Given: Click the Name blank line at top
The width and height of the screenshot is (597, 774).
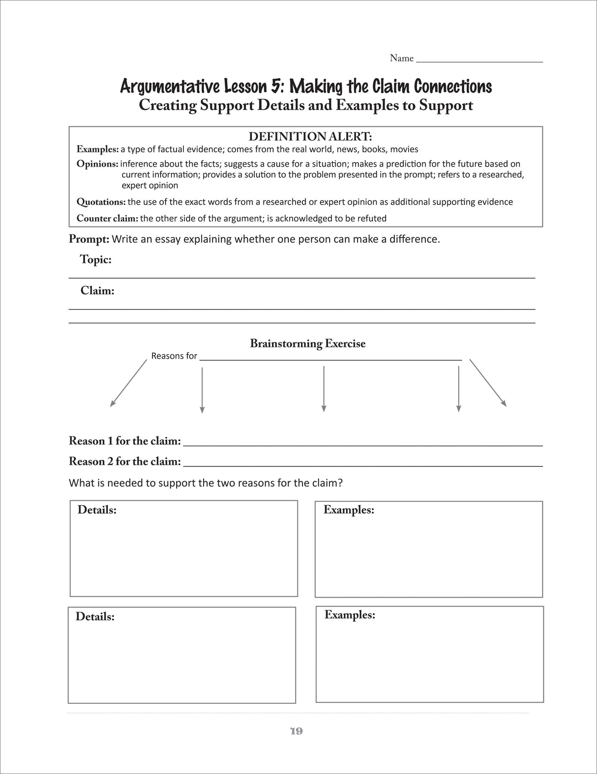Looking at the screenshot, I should tap(479, 61).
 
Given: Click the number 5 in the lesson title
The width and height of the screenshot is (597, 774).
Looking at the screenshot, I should tap(276, 86).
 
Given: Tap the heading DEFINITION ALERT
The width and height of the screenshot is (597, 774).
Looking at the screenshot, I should tap(310, 136).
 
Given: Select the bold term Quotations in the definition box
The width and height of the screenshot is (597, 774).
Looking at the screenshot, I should tap(101, 202).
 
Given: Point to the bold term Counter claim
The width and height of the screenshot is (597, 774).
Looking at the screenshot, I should tap(107, 219).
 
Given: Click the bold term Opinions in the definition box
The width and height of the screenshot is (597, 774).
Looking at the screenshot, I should tap(97, 164).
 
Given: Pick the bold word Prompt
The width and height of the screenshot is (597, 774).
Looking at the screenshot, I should tap(89, 239).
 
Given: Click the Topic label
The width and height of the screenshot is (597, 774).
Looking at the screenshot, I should tap(95, 259).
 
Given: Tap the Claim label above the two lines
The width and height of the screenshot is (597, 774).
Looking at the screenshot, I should tap(97, 291).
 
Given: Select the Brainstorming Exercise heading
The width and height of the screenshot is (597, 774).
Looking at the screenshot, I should tap(307, 344).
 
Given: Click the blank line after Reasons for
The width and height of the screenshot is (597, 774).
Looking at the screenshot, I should tap(330, 359).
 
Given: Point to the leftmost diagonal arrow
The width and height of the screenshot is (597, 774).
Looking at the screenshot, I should tap(128, 383).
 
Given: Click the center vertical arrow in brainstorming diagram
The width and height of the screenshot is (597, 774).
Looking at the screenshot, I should tap(323, 389).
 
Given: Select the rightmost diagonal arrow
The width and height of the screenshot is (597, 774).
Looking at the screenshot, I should tap(488, 383).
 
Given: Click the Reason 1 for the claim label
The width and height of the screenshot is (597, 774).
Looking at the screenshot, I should tap(125, 441).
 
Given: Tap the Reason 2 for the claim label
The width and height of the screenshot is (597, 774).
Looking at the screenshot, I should tap(125, 461).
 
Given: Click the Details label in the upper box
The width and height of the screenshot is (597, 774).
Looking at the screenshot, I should tap(97, 510).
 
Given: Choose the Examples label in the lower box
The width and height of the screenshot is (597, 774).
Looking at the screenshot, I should tap(350, 615).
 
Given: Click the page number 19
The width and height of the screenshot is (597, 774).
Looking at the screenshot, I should tap(296, 731).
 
